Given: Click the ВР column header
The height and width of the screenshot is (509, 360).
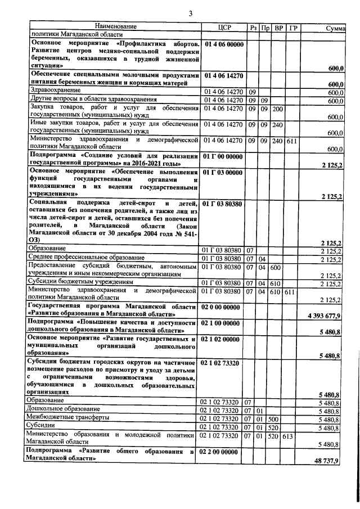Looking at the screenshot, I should pos(278,27).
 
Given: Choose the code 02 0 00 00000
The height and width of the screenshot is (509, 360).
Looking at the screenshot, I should pos(223,307).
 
